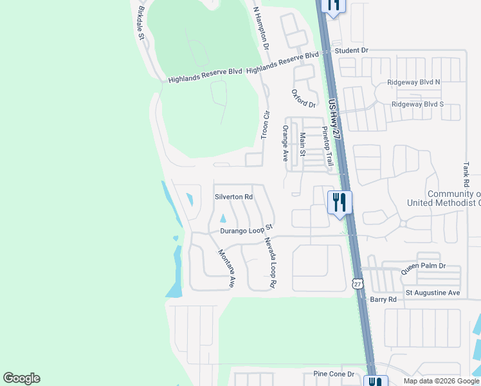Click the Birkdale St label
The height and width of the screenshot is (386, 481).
[x=141, y=24]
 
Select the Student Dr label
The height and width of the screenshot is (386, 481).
[x=351, y=50]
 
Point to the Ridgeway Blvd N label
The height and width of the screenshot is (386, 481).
[x=414, y=82]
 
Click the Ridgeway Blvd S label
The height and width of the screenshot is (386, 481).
[x=417, y=104]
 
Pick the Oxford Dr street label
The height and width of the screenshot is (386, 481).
[x=304, y=98]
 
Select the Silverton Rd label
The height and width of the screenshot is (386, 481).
[x=233, y=197]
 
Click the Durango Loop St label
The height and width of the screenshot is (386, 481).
[x=247, y=228]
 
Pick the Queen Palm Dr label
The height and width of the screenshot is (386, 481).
[x=423, y=268]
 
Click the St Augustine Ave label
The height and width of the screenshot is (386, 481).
[x=433, y=293]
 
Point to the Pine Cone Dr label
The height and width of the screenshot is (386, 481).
[x=334, y=374]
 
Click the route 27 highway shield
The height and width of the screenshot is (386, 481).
[x=358, y=283]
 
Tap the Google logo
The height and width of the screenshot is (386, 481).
[x=21, y=378]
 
